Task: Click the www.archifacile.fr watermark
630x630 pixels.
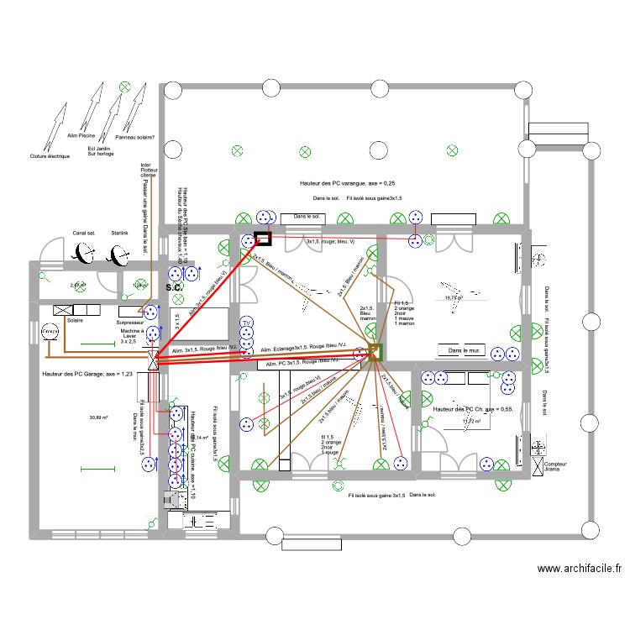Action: (579, 568)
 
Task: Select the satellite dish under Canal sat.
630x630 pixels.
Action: (84, 252)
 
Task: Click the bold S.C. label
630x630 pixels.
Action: (174, 288)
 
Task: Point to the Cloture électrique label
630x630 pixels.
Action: (50, 156)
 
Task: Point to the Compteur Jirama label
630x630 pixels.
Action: (555, 467)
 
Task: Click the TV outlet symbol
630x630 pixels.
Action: (246, 323)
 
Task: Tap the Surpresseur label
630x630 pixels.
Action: (132, 322)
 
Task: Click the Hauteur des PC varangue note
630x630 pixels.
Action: (347, 182)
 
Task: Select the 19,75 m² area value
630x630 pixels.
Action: (454, 297)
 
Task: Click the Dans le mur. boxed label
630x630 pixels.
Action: (462, 350)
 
